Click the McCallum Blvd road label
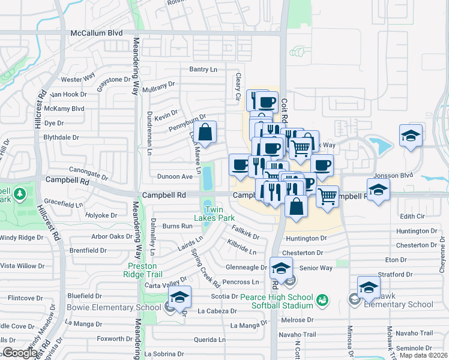point(96,34)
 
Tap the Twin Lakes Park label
point(217,214)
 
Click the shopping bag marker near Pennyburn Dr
point(205,133)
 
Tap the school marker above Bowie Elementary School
point(179,296)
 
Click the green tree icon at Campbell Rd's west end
point(19,194)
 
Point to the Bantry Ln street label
point(203,70)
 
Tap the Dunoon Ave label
point(175,176)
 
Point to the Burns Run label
point(178,226)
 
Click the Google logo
point(20,353)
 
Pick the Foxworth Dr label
point(110,338)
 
